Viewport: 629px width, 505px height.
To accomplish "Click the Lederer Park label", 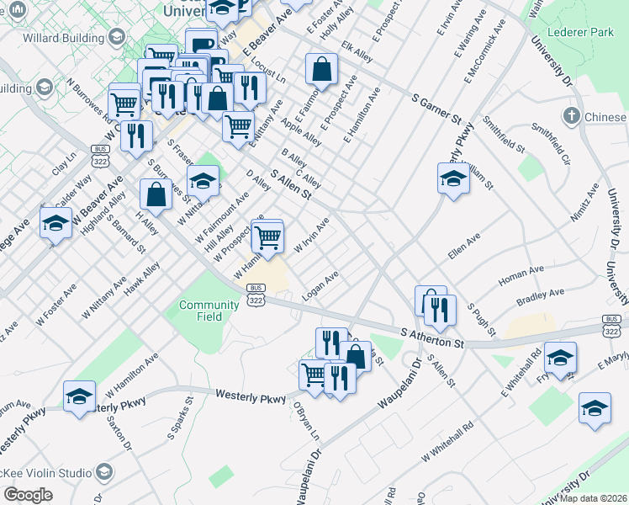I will point(580,32).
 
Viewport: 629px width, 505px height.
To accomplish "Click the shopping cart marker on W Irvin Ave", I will point(267,237).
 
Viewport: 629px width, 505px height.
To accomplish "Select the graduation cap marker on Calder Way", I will point(55,223).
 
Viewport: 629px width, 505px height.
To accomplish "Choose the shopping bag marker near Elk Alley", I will point(322,70).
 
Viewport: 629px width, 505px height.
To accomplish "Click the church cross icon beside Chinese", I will point(572,115).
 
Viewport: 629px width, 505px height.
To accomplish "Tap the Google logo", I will point(28,495).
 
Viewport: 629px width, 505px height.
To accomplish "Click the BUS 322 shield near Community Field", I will point(256,294).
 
